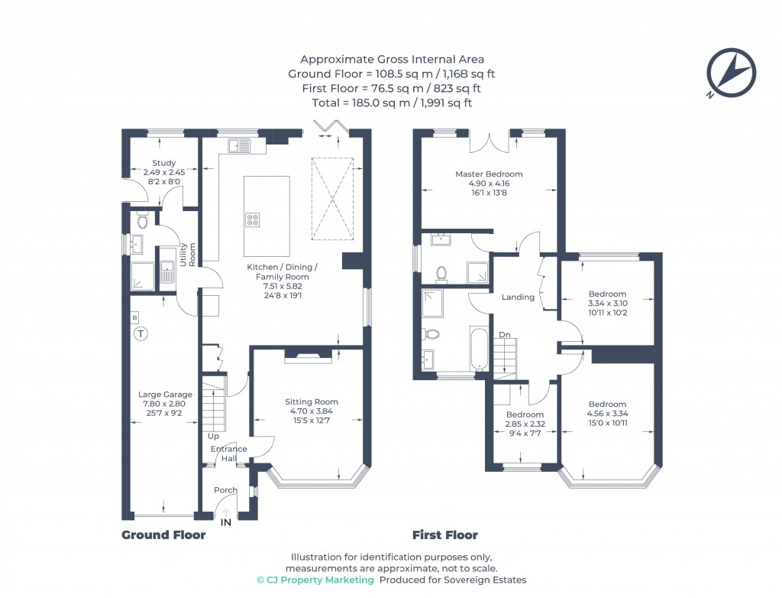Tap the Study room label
click(x=163, y=163)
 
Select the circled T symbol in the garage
click(x=141, y=333)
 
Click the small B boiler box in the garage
click(x=135, y=317)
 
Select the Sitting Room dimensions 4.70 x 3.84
click(x=311, y=411)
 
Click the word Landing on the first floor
click(x=518, y=297)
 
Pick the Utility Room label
click(x=188, y=255)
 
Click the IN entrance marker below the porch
click(x=225, y=523)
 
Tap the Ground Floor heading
click(x=163, y=535)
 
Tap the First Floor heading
click(x=444, y=535)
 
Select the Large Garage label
click(x=160, y=395)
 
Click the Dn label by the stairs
click(x=505, y=335)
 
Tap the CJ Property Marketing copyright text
click(x=315, y=580)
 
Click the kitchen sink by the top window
click(x=239, y=143)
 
